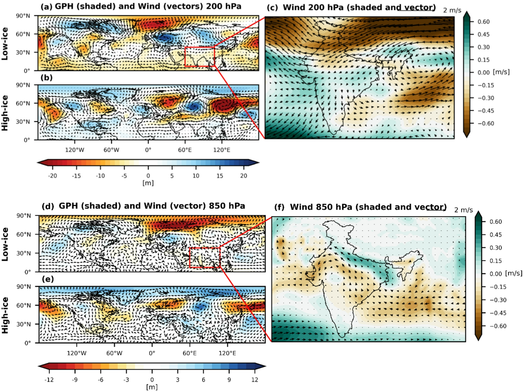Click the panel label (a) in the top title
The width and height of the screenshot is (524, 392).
coord(46,7)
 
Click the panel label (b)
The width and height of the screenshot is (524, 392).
coord(46,78)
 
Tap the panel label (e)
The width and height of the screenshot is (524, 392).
coord(48,279)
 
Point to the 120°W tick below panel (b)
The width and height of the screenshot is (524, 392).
coord(75,150)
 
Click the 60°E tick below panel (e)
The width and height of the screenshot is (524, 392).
coord(189,353)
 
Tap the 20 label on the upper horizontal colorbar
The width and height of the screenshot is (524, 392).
coord(243,176)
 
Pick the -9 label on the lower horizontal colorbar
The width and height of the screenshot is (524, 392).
coord(75,379)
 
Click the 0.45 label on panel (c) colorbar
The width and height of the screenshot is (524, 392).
coord(483,34)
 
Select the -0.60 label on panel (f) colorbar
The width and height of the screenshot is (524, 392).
coord(498,326)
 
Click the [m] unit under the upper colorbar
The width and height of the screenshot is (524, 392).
coord(148,183)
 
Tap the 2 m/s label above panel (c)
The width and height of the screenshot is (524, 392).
coord(452,10)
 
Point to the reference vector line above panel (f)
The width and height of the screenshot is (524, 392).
coord(437,210)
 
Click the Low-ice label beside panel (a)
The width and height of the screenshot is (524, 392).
coord(5,44)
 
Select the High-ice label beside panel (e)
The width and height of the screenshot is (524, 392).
coord(5,315)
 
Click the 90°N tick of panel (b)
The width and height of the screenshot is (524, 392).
coord(23,85)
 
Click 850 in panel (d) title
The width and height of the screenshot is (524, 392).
coord(217,206)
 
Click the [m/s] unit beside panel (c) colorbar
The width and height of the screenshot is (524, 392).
coord(501,72)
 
